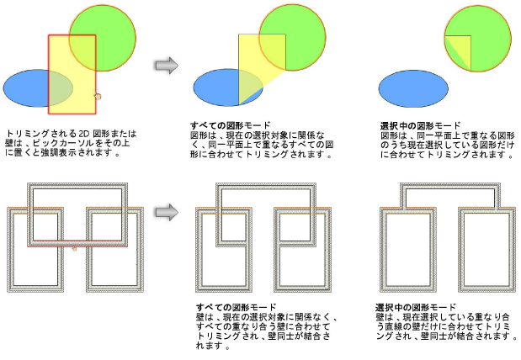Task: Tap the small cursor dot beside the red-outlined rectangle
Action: [98, 97]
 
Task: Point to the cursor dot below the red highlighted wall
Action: [75, 249]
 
